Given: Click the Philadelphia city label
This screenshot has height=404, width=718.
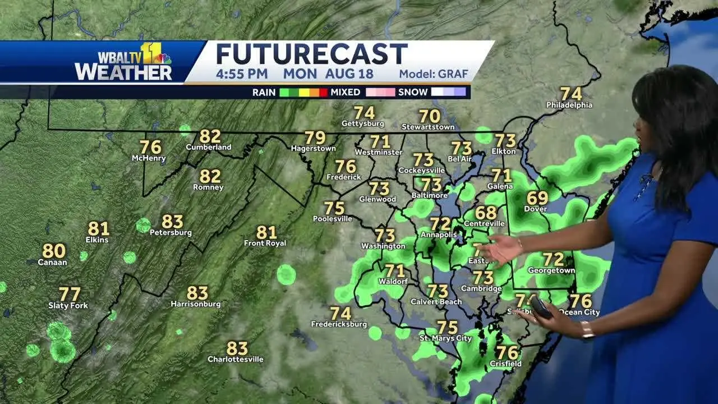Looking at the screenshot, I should coord(569,105).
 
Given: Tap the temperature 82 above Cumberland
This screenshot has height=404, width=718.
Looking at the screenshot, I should coord(210,136).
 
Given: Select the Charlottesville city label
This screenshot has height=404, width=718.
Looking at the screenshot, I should coord(235,359).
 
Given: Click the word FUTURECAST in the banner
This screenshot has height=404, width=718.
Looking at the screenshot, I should coord(312,54).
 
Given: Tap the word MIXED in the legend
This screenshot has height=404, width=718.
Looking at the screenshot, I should coord(346,92).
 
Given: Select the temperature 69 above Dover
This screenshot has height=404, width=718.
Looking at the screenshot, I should coord(537,198).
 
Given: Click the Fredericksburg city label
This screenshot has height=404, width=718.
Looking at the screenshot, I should coord(340,324).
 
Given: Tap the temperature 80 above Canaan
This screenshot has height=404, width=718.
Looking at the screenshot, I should coord(54,251).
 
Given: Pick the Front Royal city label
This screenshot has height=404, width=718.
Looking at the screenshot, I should coord(265,243).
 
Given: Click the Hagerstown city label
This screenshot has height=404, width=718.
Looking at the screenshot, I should coord(314,149).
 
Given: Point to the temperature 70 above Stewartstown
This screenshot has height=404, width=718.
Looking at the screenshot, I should coord(430,116).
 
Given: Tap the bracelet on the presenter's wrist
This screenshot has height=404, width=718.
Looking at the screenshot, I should coord(587,330).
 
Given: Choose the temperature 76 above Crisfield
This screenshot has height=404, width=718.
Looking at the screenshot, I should coord(507,353).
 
